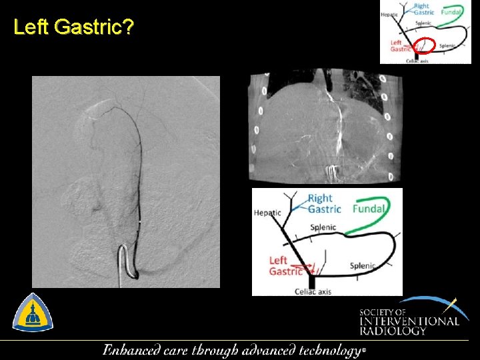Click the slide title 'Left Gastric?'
click(73, 28)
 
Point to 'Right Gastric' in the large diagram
click(324, 203)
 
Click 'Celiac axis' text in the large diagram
click(313, 291)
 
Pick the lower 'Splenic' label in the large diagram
click(363, 265)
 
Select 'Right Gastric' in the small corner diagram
click(423, 9)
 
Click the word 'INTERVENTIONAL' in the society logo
click(409, 321)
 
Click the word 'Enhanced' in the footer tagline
click(133, 350)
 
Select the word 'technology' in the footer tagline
click(329, 351)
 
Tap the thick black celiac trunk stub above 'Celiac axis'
click(312, 280)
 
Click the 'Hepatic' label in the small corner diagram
click(389, 15)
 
